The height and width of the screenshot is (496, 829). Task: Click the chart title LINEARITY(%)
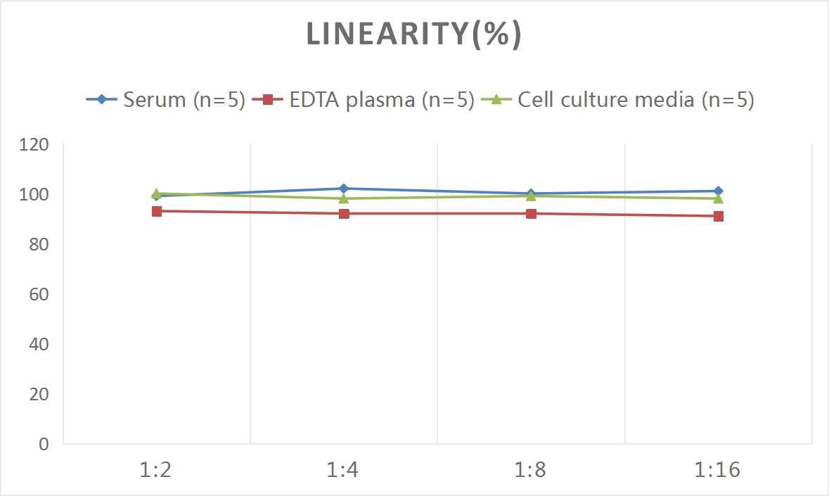tap(414, 34)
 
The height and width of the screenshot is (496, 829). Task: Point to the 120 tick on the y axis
tap(34, 144)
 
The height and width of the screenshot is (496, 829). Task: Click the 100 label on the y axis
tap(34, 194)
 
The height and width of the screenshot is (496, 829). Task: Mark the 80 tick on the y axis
tap(38, 244)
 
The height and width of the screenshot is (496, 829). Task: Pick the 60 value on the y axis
tap(38, 294)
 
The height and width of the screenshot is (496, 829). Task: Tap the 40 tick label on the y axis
tap(38, 344)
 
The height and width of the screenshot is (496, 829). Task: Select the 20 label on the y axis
tap(38, 394)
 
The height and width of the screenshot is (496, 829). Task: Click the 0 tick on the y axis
tap(44, 444)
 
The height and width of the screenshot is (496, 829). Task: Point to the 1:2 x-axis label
tap(156, 470)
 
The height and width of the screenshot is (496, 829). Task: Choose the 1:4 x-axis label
tap(344, 470)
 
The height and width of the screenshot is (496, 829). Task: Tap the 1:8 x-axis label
tap(531, 470)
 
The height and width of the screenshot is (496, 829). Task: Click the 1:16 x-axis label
tap(718, 470)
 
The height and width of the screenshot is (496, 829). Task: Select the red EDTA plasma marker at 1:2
tap(157, 211)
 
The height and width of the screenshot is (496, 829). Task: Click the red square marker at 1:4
tap(344, 213)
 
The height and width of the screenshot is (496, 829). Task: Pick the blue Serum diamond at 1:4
tap(344, 189)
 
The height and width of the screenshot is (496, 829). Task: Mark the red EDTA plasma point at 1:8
tap(531, 213)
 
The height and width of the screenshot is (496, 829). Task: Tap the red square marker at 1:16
tap(718, 216)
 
